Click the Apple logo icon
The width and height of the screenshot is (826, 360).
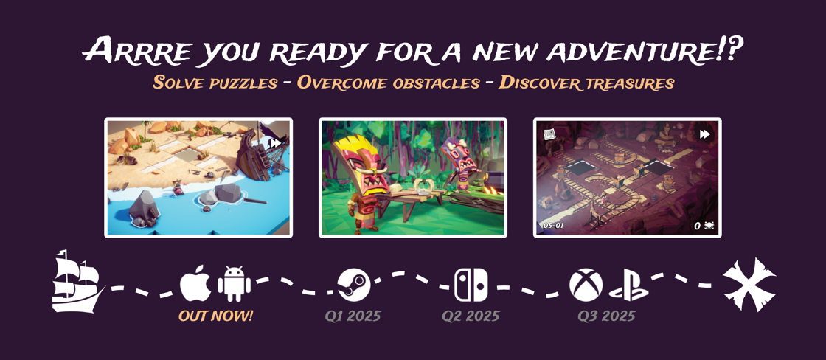pos(195,285)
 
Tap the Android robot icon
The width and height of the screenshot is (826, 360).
pos(234,284)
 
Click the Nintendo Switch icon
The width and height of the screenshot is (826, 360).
pos(471,285)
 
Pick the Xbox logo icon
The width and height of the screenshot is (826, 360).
pos(586,285)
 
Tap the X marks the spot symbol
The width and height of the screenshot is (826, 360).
pos(749,284)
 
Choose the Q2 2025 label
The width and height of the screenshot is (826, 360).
pos(471,316)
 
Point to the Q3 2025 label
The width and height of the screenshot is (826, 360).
pos(606,316)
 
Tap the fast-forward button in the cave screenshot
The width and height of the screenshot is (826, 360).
pos(704,134)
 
